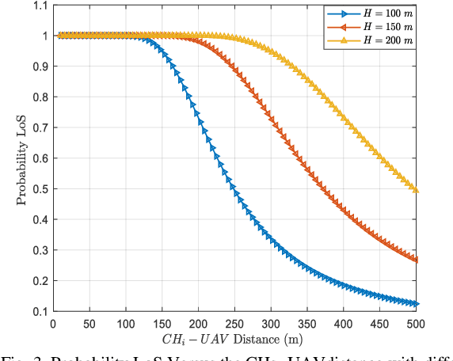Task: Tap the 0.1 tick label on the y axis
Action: click(37, 312)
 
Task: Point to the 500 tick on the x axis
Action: click(417, 323)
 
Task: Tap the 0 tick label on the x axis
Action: click(53, 323)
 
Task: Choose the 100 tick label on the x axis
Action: click(126, 323)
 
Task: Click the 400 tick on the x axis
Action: click(345, 323)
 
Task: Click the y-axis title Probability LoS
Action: click(21, 158)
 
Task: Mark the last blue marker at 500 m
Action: click(416, 304)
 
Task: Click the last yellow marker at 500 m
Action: click(416, 191)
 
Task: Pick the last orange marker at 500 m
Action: click(416, 260)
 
